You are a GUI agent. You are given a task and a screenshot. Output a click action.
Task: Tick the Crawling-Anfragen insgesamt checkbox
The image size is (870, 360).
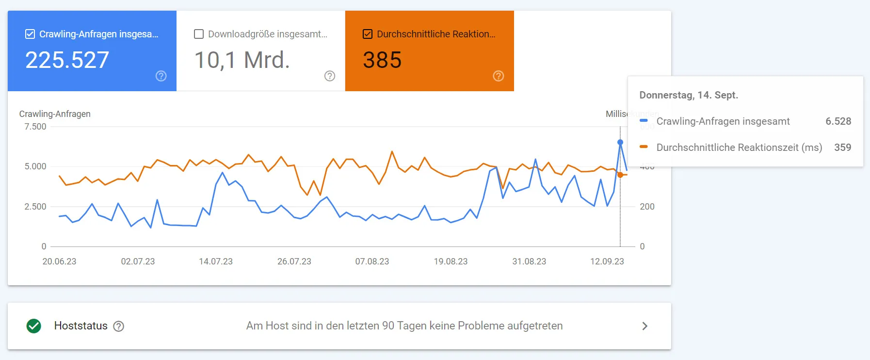pyautogui.click(x=30, y=34)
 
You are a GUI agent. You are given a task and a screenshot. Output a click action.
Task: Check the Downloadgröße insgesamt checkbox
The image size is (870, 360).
pyautogui.click(x=199, y=34)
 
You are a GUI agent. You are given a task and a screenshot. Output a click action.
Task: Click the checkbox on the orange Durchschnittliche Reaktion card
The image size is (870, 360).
pyautogui.click(x=368, y=34)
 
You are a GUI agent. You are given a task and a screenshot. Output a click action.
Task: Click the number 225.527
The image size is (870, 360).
pyautogui.click(x=67, y=60)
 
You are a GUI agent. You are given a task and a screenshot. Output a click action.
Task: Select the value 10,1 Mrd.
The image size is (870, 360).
pyautogui.click(x=242, y=60)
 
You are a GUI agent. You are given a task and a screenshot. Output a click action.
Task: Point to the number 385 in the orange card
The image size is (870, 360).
pyautogui.click(x=382, y=60)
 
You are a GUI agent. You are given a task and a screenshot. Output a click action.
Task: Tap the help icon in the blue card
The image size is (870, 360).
pyautogui.click(x=161, y=76)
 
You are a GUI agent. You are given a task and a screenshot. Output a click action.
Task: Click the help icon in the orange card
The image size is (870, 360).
pyautogui.click(x=499, y=76)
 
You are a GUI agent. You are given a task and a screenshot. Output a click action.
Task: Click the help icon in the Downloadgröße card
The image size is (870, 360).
pyautogui.click(x=330, y=76)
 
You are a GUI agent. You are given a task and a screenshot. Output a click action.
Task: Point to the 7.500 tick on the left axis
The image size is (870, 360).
pyautogui.click(x=35, y=127)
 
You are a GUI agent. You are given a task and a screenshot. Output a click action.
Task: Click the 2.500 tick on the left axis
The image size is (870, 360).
pyautogui.click(x=35, y=207)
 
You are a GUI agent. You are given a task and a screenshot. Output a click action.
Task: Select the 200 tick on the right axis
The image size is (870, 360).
pyautogui.click(x=647, y=207)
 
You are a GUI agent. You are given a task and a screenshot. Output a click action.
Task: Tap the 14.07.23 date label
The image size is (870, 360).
pyautogui.click(x=216, y=262)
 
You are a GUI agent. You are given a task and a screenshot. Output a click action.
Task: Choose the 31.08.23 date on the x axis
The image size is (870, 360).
pyautogui.click(x=529, y=262)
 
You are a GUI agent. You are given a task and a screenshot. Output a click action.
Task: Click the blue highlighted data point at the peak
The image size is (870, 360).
pyautogui.click(x=620, y=142)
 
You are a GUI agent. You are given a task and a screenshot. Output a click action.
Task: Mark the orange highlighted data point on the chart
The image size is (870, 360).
pyautogui.click(x=620, y=175)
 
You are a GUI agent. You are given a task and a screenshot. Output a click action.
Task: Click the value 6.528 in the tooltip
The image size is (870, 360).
pyautogui.click(x=838, y=121)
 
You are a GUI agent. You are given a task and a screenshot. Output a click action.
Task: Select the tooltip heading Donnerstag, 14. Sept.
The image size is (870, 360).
pyautogui.click(x=689, y=95)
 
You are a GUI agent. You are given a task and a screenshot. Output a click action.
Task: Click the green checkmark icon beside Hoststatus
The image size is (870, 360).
pyautogui.click(x=34, y=326)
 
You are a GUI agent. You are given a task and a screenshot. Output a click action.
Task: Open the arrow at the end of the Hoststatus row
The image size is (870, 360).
pyautogui.click(x=644, y=326)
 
